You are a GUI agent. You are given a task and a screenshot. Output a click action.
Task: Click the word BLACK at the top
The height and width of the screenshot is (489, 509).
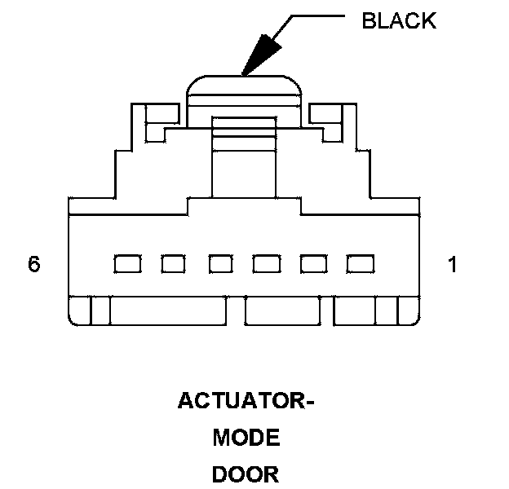click(x=398, y=20)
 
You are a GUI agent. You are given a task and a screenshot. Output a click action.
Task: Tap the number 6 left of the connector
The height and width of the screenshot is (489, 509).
click(x=34, y=265)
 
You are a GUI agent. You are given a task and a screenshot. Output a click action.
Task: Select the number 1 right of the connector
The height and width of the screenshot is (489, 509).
click(x=453, y=265)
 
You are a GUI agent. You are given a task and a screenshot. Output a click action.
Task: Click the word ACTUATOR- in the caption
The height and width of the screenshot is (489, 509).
click(x=246, y=402)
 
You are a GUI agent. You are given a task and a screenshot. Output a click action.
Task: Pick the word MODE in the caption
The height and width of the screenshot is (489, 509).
click(x=246, y=438)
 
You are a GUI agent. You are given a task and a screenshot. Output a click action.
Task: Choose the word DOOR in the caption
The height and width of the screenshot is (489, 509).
click(x=246, y=474)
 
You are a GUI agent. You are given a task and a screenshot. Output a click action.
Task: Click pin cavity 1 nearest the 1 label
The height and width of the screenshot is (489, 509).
click(x=360, y=264)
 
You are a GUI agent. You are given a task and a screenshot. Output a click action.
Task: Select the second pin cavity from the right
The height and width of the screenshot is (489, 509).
click(x=313, y=264)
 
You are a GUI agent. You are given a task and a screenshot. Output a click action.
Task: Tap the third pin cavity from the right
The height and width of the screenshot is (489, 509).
click(x=267, y=264)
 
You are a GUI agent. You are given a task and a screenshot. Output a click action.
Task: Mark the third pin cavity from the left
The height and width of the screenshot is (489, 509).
click(x=221, y=264)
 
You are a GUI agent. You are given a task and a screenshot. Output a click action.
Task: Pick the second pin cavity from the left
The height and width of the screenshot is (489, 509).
click(x=173, y=264)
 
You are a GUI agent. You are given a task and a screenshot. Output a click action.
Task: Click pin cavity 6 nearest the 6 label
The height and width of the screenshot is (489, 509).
click(x=126, y=264)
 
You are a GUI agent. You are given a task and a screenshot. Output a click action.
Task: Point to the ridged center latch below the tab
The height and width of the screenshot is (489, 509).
click(x=245, y=151)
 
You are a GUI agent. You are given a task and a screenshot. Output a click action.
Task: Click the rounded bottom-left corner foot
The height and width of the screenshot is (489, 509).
click(x=79, y=312)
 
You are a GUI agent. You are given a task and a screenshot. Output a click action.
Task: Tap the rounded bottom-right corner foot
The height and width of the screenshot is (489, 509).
click(x=409, y=312)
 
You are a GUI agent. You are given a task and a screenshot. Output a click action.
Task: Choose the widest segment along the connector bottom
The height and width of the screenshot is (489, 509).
click(x=167, y=312)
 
